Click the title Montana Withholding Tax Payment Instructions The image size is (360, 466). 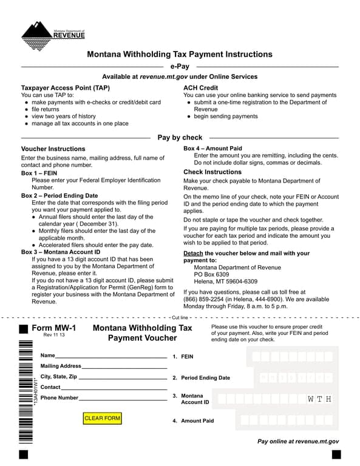click(180, 55)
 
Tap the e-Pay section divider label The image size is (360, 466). click(180, 66)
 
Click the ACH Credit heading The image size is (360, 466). click(200, 88)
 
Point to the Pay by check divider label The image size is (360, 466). click(180, 138)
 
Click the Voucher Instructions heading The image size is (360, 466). click(53, 149)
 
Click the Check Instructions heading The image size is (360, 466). click(212, 172)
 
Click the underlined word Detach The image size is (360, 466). click(193, 253)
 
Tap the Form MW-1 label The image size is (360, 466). click(53, 328)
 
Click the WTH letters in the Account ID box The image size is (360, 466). click(319, 399)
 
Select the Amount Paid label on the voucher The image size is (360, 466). click(197, 420)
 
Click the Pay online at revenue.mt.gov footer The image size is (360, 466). click(298, 442)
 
